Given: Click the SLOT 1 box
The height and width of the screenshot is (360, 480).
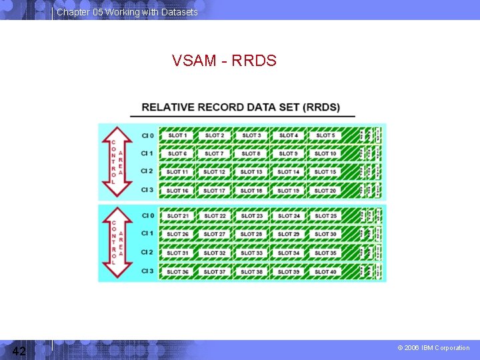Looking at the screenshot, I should tap(177, 135).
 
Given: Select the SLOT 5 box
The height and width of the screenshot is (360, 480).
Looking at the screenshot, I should tap(325, 135).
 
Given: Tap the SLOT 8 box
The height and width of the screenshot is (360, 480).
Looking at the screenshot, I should tap(251, 153).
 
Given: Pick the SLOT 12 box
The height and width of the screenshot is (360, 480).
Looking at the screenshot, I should tap(214, 172).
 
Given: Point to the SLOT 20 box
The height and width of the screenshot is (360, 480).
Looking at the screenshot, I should tap(325, 191).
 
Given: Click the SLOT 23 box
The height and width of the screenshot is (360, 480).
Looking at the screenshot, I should tap(251, 216).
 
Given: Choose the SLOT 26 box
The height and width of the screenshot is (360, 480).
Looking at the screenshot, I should tap(177, 234).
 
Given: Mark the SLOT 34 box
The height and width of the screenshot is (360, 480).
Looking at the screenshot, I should tap(289, 253).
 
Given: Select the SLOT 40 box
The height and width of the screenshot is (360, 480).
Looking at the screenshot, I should tap(325, 271).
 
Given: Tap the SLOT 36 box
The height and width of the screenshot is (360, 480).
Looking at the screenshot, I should tap(177, 271).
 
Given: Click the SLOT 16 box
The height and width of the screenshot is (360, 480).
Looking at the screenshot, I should tap(177, 191).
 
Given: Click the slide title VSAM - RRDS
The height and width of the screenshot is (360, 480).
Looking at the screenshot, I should tap(224, 61).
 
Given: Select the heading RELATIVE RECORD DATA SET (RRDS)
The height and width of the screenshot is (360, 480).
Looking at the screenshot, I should tap(241, 107).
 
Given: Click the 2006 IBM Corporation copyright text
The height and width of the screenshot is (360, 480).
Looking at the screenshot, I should tap(433, 348).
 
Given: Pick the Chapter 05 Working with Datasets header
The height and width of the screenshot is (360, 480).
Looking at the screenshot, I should tap(127, 12).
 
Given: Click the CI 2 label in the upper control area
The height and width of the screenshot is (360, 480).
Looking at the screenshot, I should tap(147, 172).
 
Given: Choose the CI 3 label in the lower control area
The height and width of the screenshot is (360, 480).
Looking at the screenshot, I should tap(147, 271).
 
